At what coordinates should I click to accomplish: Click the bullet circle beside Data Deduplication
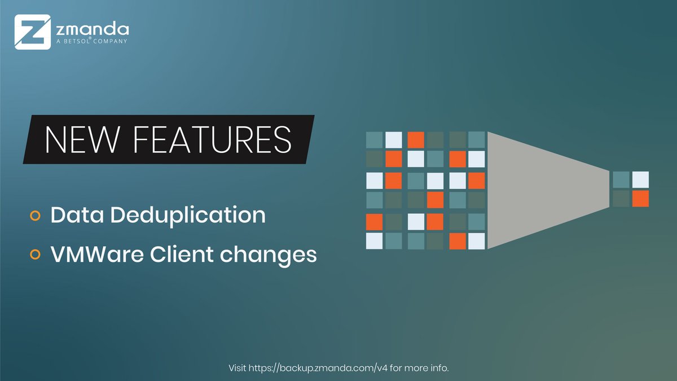(x=35, y=216)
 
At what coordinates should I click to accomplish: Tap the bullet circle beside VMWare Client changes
(x=35, y=255)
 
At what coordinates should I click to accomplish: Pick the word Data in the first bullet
(x=73, y=215)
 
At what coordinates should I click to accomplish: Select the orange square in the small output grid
(x=640, y=199)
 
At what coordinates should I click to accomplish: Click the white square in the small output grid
(x=640, y=179)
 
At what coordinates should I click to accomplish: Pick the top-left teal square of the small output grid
(x=621, y=179)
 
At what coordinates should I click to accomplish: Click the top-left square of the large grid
(x=374, y=139)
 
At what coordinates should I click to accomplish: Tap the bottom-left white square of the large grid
(x=374, y=241)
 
